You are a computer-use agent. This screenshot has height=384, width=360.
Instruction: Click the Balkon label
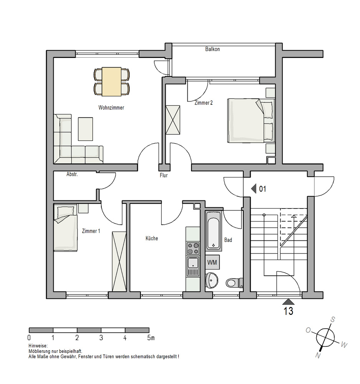point(212,49)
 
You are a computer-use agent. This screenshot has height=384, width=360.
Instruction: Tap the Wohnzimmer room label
point(111,108)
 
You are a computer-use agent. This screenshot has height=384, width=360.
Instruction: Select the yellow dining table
point(112,81)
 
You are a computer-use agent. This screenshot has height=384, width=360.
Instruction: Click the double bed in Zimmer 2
point(251,121)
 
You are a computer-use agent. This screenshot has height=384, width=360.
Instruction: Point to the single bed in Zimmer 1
point(66,228)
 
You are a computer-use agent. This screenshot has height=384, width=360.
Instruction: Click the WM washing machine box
point(212,262)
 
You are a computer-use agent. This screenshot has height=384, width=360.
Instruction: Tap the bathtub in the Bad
point(214,231)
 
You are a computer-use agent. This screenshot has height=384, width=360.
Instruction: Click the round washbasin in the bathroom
point(211,280)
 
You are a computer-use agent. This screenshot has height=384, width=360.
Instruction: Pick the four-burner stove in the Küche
point(193,248)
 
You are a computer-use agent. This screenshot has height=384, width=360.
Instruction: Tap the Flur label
point(164,175)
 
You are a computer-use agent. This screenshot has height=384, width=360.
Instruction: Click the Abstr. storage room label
point(72,174)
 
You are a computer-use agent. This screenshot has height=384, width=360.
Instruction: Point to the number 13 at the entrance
point(288,311)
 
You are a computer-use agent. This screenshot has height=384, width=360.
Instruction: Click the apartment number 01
point(263,189)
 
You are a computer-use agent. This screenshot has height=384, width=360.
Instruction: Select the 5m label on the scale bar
point(151,338)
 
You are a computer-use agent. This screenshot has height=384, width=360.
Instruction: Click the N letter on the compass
point(318,355)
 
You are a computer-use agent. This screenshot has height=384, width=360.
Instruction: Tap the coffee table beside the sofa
point(86,129)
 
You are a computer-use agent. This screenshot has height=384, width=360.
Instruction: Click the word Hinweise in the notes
point(38,346)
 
